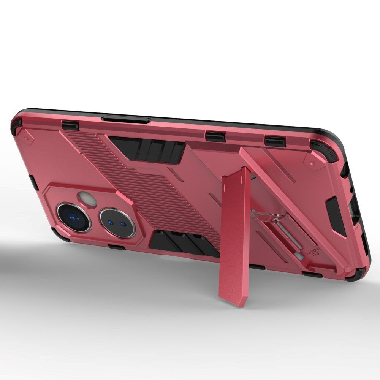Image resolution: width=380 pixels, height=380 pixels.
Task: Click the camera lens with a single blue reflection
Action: (74, 217)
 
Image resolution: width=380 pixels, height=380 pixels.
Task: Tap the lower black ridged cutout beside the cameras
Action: (182, 245)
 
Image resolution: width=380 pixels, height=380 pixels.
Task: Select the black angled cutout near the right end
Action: (336, 215)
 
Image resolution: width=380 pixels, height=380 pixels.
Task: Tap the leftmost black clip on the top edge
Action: (70, 125)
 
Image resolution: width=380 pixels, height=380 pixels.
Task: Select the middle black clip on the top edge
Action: (215, 136)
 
